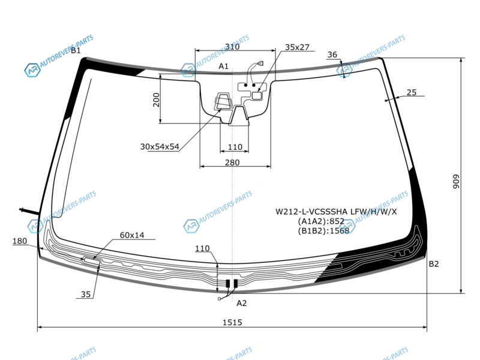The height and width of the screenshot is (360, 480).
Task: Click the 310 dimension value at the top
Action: pyautogui.click(x=232, y=47)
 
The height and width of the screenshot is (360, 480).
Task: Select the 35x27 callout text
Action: pyautogui.click(x=297, y=47)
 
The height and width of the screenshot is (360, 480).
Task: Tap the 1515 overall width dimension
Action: pyautogui.click(x=232, y=322)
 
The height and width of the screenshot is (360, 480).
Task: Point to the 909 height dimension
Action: pyautogui.click(x=456, y=182)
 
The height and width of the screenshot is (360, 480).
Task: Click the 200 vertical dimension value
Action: pyautogui.click(x=156, y=100)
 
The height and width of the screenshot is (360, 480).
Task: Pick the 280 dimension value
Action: pyautogui.click(x=232, y=163)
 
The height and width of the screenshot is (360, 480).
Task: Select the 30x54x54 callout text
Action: pyautogui.click(x=160, y=146)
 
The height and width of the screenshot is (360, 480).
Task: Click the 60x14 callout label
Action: pyautogui.click(x=132, y=235)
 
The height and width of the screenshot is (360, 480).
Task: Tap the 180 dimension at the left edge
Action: pyautogui.click(x=20, y=241)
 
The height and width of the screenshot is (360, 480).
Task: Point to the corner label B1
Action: pyautogui.click(x=76, y=50)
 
